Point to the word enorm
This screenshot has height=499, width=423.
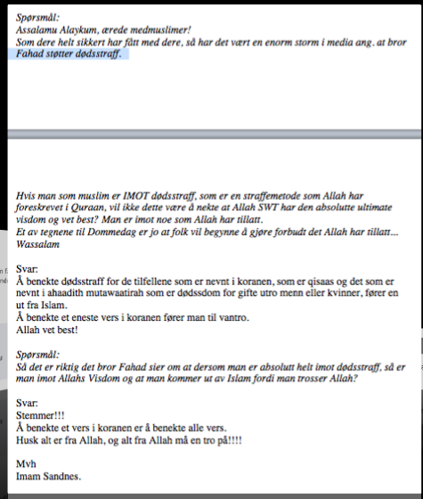pos(253,41)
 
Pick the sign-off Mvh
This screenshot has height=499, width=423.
pos(27,463)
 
